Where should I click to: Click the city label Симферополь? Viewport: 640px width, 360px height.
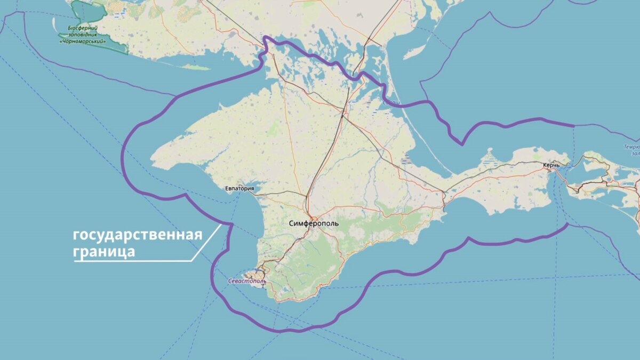click(x=314, y=223)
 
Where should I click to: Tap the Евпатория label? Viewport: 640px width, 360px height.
click(x=239, y=189)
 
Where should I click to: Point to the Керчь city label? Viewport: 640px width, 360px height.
click(x=551, y=166)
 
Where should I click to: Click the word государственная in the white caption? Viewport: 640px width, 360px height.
click(x=138, y=235)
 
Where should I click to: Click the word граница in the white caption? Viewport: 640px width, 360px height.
click(x=104, y=251)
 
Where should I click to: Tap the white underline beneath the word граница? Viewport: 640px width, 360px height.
click(x=133, y=261)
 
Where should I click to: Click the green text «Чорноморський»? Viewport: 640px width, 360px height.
click(x=82, y=41)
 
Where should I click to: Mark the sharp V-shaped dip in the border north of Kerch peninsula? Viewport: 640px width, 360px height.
click(x=461, y=143)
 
